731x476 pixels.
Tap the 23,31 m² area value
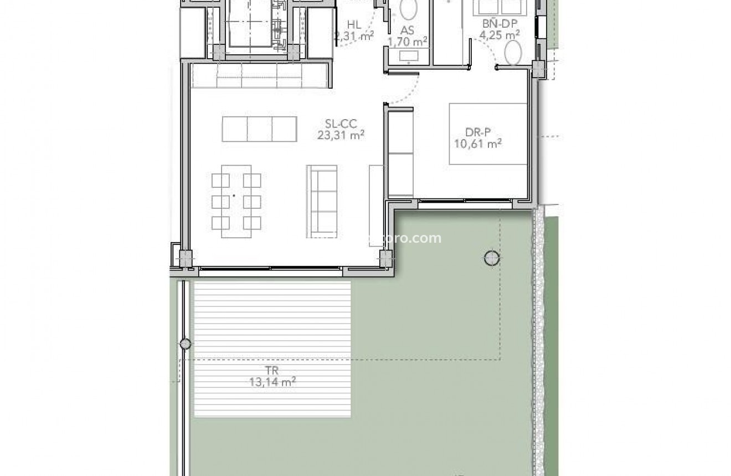[341, 135]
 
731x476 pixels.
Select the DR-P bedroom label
[477, 133]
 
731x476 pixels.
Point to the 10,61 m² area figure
[477, 144]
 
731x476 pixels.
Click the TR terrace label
[272, 371]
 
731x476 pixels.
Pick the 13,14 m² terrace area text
[272, 381]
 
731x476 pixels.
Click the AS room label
[407, 30]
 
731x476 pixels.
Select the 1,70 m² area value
[407, 41]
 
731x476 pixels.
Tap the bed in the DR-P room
[487, 134]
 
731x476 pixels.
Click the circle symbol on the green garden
[492, 257]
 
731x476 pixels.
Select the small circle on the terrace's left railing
[186, 344]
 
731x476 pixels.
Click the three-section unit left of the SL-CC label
[260, 129]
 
